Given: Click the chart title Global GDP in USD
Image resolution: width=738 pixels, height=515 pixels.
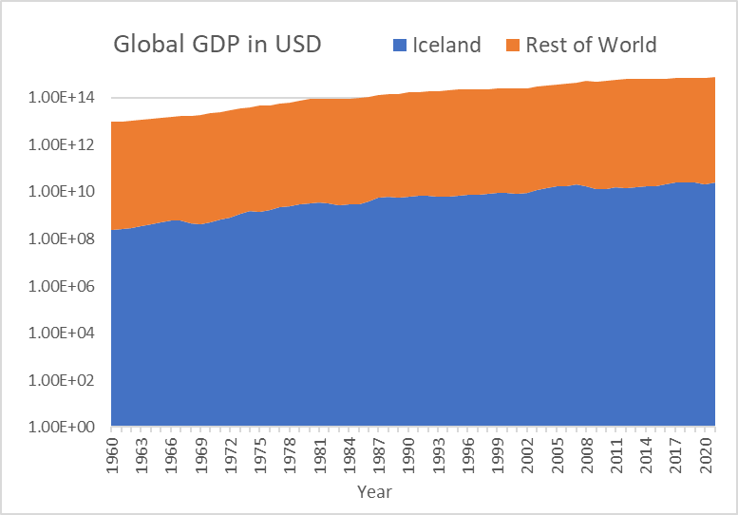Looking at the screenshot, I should tap(218, 45).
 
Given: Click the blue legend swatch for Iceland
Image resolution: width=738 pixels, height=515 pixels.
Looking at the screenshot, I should tap(399, 45).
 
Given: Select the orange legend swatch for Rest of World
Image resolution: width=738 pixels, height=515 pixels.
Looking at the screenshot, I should tap(513, 45).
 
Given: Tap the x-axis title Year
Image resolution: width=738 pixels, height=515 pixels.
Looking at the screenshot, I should tap(374, 491).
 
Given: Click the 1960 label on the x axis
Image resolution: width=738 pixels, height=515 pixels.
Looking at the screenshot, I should tap(112, 454).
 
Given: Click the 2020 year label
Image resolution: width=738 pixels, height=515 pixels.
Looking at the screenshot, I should tap(705, 454).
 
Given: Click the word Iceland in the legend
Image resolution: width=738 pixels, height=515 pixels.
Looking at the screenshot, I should tap(446, 45).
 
